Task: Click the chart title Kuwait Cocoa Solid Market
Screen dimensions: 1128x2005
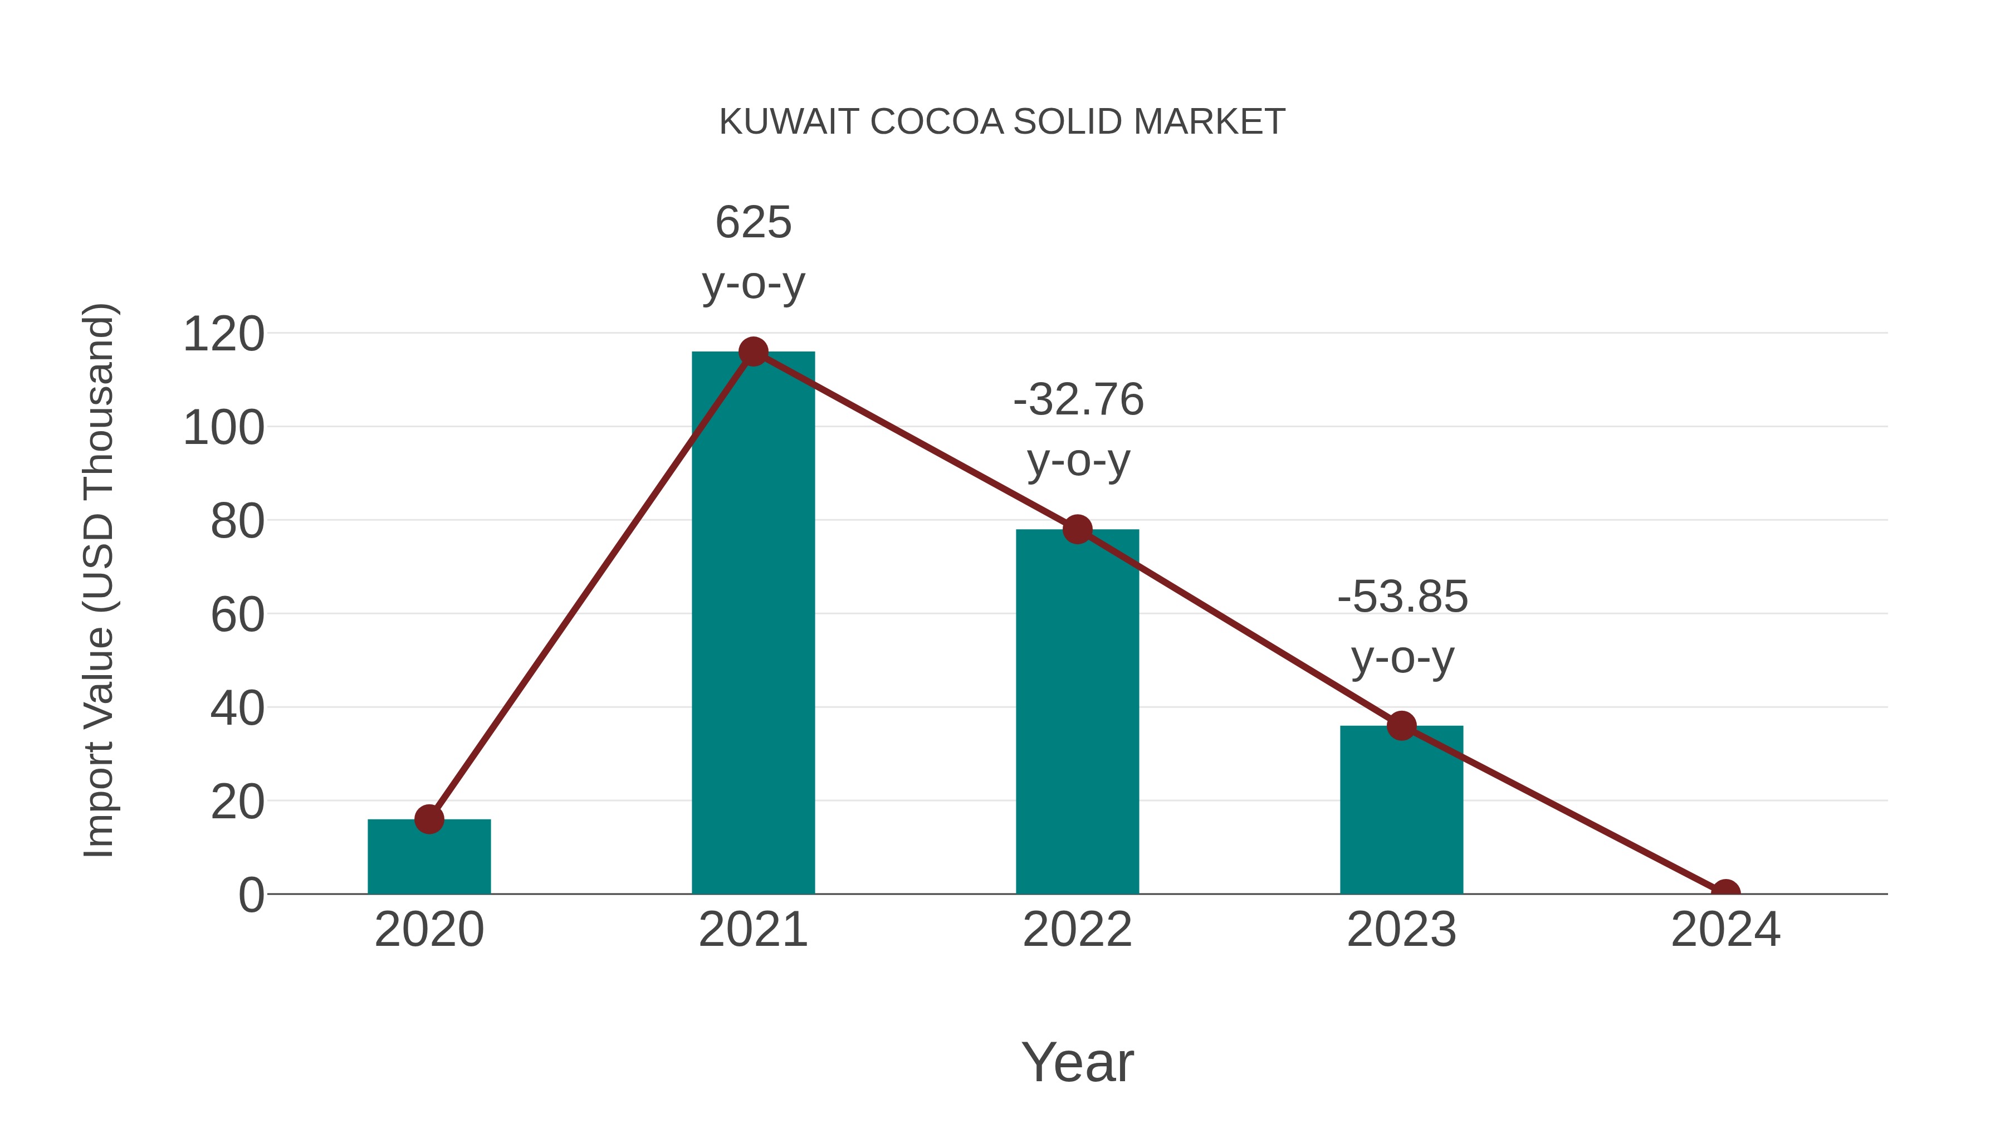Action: click(x=1002, y=122)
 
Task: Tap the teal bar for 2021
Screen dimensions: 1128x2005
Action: click(x=752, y=623)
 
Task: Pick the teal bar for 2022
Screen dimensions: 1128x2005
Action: click(x=1077, y=712)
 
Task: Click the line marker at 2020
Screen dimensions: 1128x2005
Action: click(x=429, y=819)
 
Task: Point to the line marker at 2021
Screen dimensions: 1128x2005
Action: click(x=752, y=352)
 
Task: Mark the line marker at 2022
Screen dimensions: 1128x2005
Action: click(x=1077, y=529)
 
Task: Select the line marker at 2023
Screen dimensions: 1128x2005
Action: click(x=1401, y=725)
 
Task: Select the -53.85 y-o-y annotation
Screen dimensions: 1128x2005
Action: click(x=1402, y=627)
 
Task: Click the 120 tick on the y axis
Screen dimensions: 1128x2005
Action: click(x=223, y=335)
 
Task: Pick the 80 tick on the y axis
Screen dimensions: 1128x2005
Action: click(x=237, y=521)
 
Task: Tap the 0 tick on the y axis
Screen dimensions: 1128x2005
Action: click(x=251, y=895)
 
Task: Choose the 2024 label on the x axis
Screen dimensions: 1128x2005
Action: click(x=1725, y=930)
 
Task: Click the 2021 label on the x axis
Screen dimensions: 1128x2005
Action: click(x=752, y=930)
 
